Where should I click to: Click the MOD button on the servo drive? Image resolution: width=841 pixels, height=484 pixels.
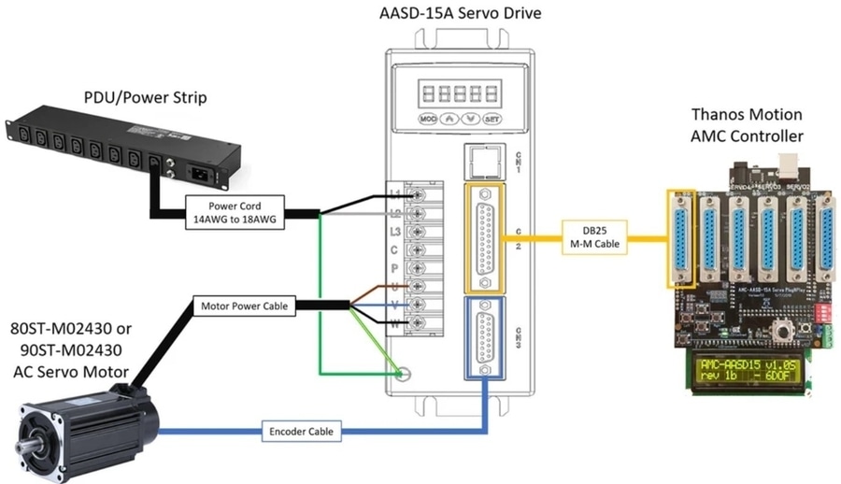click(x=429, y=120)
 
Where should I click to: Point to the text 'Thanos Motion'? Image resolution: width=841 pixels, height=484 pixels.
click(x=746, y=115)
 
